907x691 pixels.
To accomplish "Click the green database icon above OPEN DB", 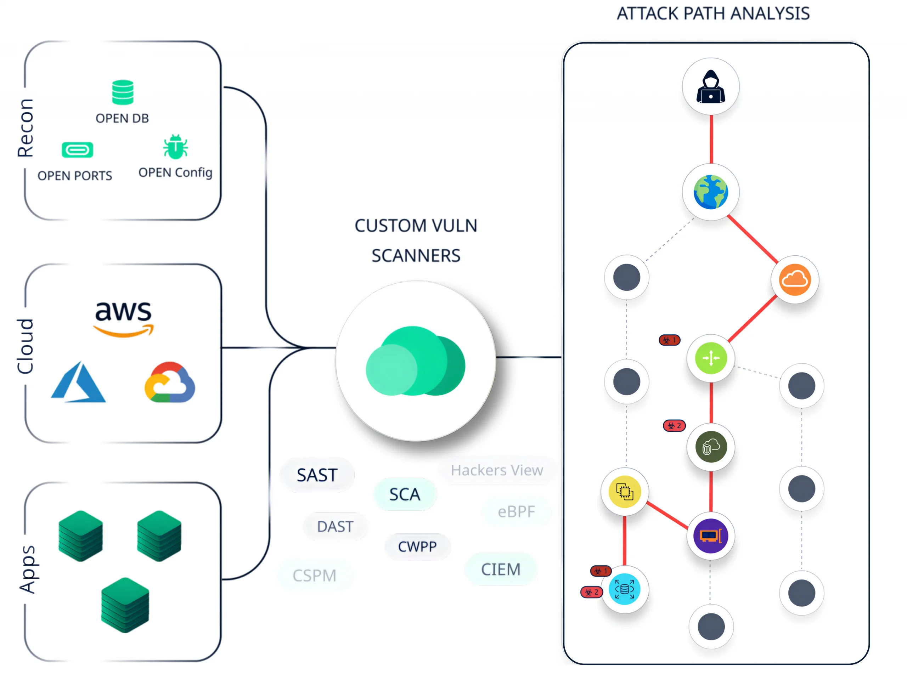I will [123, 92].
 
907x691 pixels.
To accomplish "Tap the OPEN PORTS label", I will [75, 176].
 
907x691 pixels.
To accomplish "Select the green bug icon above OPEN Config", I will [175, 147].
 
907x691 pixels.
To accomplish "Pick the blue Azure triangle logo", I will [78, 383].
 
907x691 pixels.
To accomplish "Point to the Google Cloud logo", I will [170, 383].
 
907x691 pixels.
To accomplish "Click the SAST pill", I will [317, 475].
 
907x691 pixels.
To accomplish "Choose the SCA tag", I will [405, 494].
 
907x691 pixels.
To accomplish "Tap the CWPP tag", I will [417, 546].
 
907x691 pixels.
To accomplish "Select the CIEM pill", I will [501, 570].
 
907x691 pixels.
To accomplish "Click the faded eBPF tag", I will [516, 512].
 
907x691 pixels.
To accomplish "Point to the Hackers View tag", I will [497, 470].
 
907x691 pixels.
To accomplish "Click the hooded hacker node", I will [710, 87].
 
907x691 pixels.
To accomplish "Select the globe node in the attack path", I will [710, 192].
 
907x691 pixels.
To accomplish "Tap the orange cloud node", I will [795, 280].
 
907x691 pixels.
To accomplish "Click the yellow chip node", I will [624, 492].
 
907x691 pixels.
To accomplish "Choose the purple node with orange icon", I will [710, 536].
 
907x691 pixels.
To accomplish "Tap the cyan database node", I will [624, 589].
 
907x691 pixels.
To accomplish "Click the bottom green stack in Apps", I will [125, 605].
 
